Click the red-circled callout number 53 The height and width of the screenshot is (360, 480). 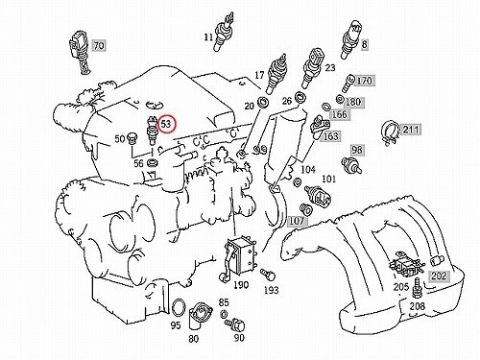167,124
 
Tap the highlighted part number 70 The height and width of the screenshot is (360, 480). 99,46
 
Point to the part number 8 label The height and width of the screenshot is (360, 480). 364,44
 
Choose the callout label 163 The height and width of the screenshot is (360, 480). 330,136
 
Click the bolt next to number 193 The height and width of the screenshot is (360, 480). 268,274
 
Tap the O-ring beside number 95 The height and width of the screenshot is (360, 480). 179,308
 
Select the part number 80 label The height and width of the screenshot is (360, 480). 194,338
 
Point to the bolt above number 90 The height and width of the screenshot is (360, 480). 234,324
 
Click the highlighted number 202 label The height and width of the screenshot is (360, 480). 439,276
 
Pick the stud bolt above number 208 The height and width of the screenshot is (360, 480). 417,288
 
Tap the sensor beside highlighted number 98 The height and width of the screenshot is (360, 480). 350,165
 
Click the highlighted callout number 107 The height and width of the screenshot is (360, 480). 297,221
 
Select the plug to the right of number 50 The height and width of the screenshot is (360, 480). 132,137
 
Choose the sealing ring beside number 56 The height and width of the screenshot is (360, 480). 152,163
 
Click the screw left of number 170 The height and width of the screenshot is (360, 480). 348,84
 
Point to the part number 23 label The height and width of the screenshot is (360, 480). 330,68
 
